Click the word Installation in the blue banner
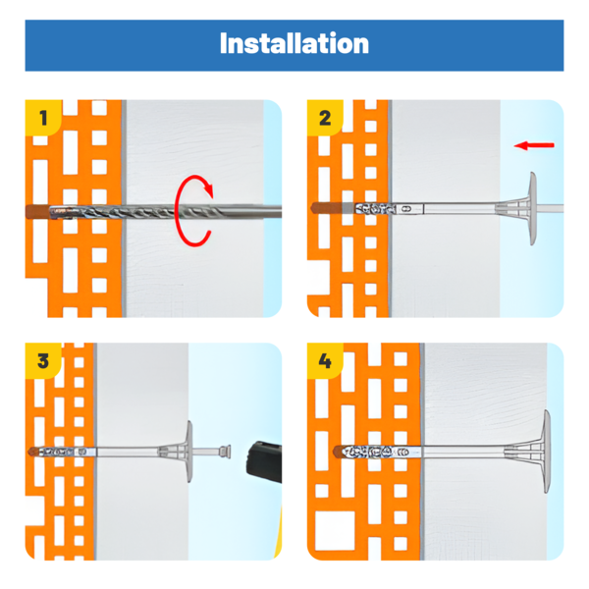pyautogui.click(x=294, y=43)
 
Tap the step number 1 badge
pyautogui.click(x=43, y=118)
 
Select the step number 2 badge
pyautogui.click(x=325, y=118)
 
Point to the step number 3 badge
pyautogui.click(x=43, y=360)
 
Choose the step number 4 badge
pyautogui.click(x=325, y=360)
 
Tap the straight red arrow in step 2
pyautogui.click(x=534, y=145)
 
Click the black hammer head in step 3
pyautogui.click(x=264, y=461)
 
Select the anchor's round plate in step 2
pyautogui.click(x=533, y=208)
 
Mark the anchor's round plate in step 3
pyautogui.click(x=189, y=452)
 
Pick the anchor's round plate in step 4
pyautogui.click(x=548, y=452)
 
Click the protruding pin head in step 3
pyautogui.click(x=225, y=452)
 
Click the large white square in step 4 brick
pyautogui.click(x=335, y=531)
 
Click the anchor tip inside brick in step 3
pyautogui.click(x=63, y=452)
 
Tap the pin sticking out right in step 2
pyautogui.click(x=551, y=208)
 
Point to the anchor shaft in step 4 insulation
pyautogui.click(x=462, y=452)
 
